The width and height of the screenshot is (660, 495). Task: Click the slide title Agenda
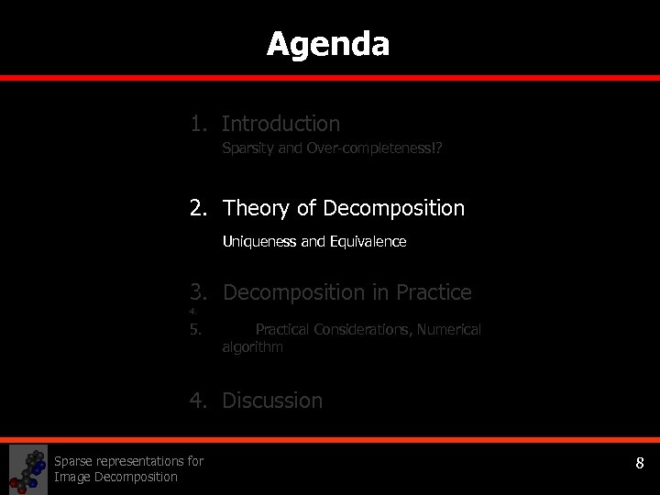click(328, 44)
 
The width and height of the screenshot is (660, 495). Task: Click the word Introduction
click(280, 124)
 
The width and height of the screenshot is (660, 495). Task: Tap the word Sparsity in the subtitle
click(247, 148)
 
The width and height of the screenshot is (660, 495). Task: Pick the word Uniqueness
click(259, 242)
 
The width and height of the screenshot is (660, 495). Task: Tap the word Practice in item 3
click(434, 293)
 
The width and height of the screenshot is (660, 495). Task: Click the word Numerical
click(448, 329)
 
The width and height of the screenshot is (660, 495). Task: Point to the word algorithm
click(252, 347)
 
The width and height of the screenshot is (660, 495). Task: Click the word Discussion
click(272, 401)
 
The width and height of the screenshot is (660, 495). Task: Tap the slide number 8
click(640, 464)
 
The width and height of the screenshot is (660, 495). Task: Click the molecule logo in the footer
click(27, 469)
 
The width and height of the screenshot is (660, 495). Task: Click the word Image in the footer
click(72, 477)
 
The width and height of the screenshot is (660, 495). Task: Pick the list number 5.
click(195, 329)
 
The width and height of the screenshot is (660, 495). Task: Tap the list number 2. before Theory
click(199, 209)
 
